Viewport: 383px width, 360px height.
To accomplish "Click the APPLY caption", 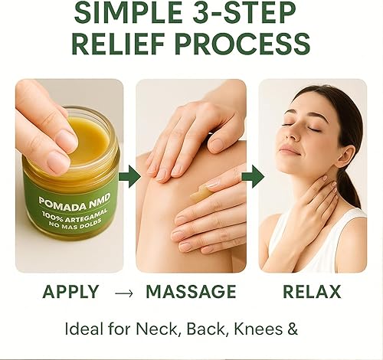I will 71,292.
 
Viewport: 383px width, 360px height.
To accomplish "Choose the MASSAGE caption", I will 191,292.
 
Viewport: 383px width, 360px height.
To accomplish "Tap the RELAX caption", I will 313,292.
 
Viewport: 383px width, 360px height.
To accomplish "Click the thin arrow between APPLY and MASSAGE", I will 122,293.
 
